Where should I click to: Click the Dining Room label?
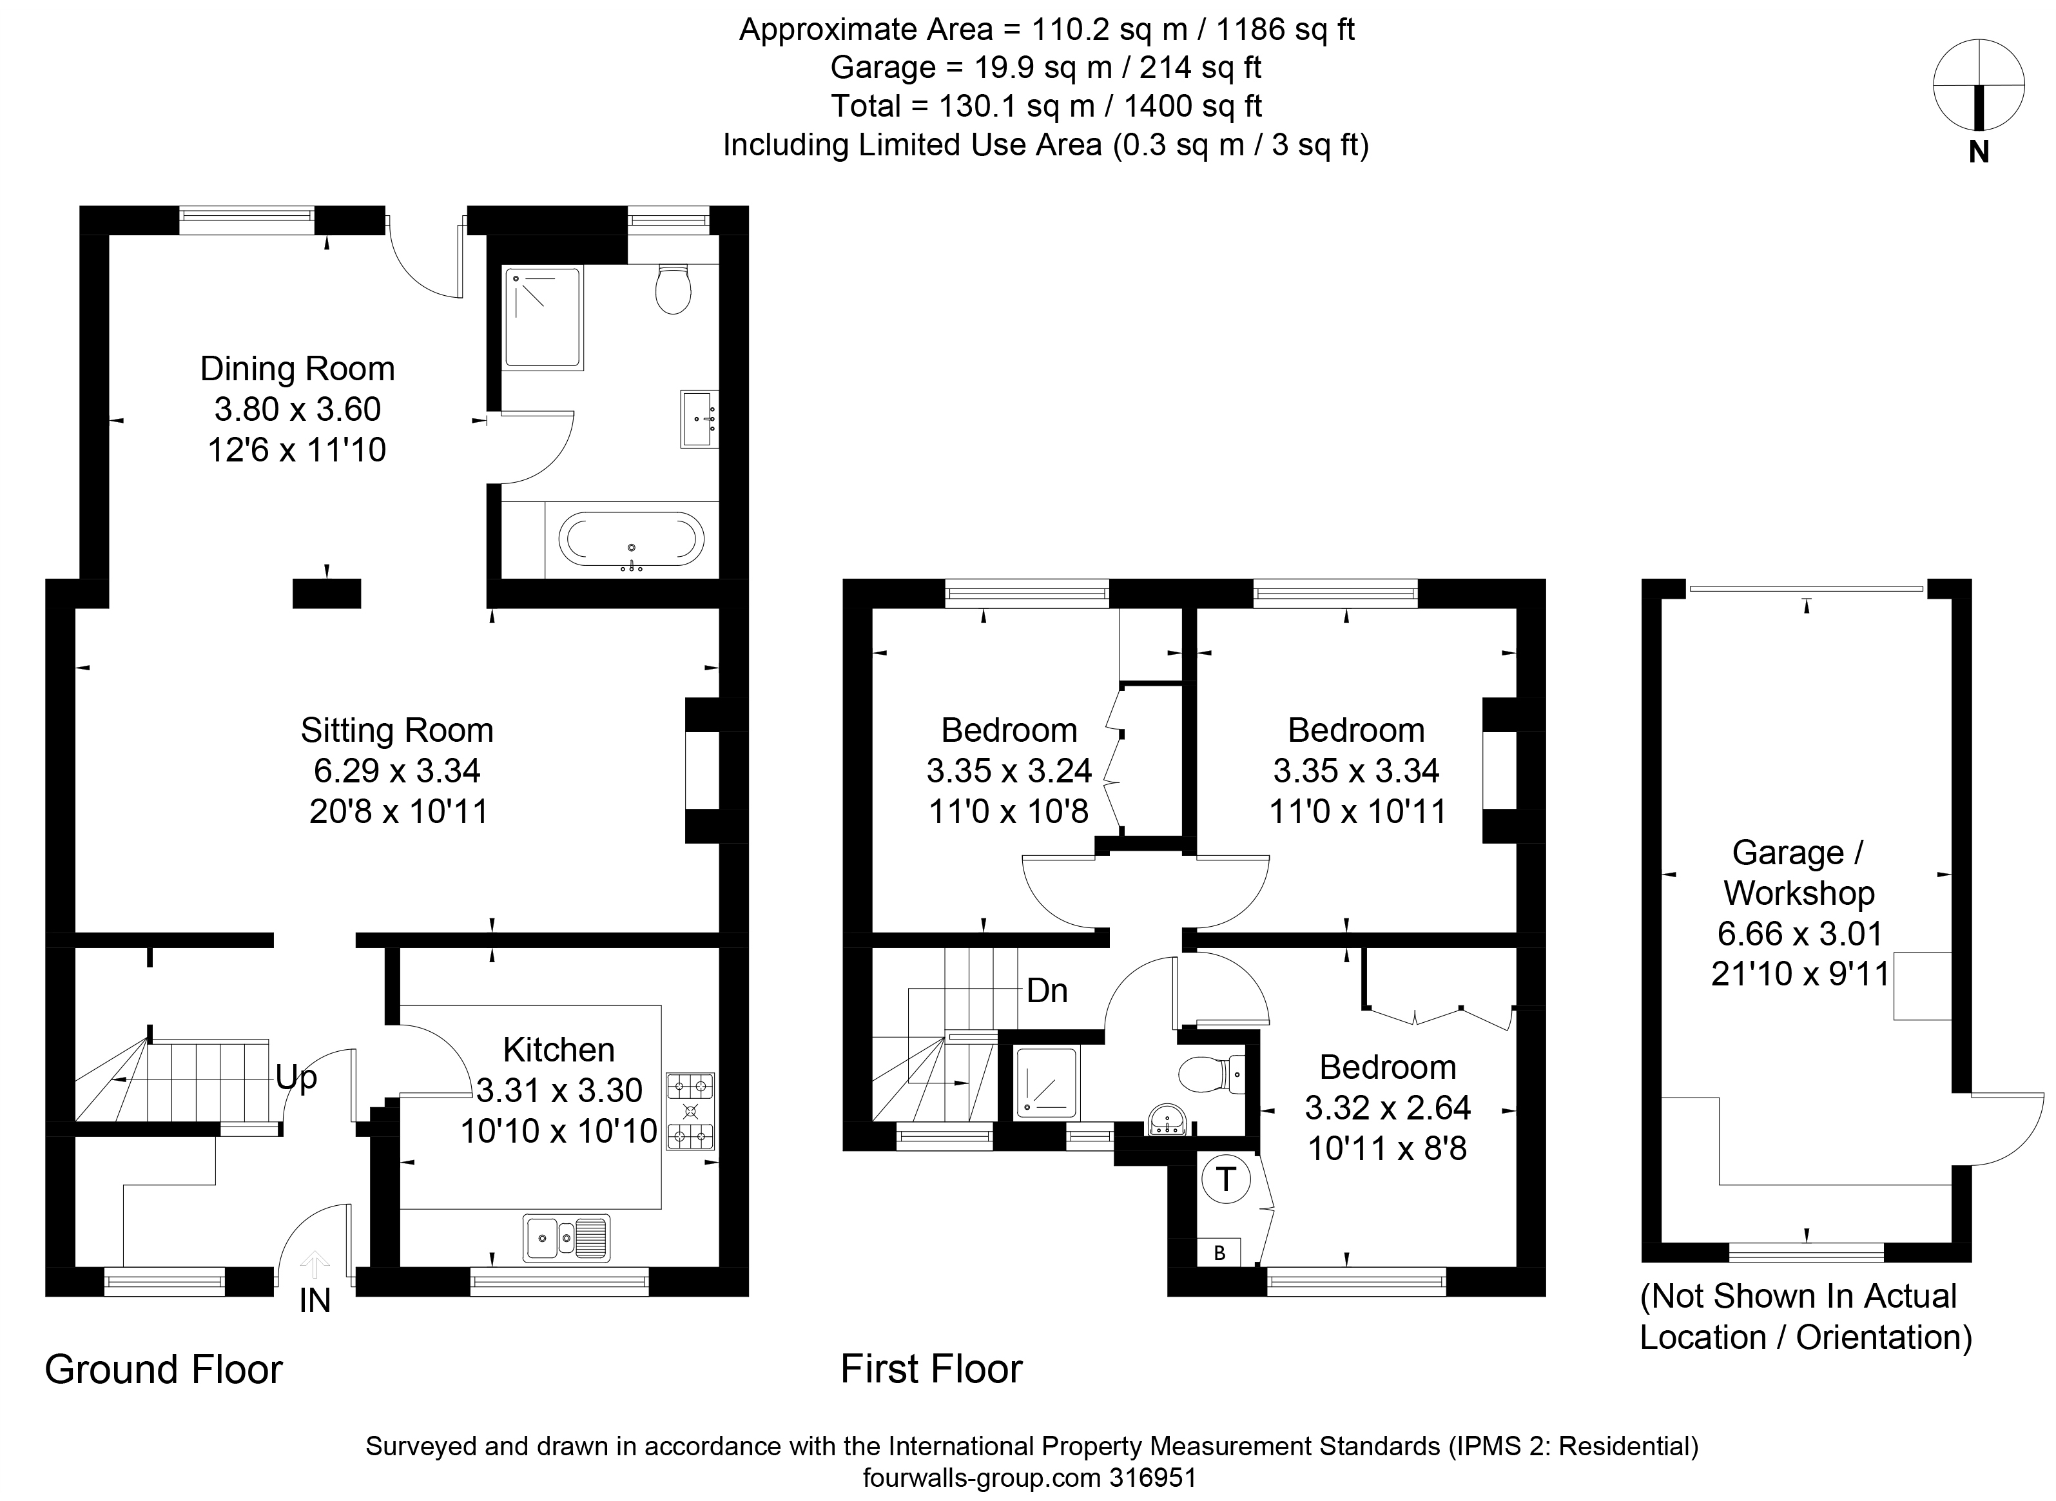pyautogui.click(x=297, y=369)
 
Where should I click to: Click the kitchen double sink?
pyautogui.click(x=566, y=1237)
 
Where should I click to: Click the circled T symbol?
pyautogui.click(x=1226, y=1179)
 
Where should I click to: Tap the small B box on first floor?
pyautogui.click(x=1219, y=1253)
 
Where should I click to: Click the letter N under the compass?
pyautogui.click(x=1979, y=153)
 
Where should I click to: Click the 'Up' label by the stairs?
pyautogui.click(x=296, y=1078)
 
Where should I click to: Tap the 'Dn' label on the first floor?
pyautogui.click(x=1047, y=991)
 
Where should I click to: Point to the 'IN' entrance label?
pyautogui.click(x=315, y=1301)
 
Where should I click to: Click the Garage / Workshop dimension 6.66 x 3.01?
pyautogui.click(x=1799, y=933)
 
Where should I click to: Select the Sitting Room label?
pyautogui.click(x=397, y=730)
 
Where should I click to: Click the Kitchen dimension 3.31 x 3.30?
pyautogui.click(x=559, y=1090)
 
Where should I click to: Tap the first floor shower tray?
pyautogui.click(x=1047, y=1081)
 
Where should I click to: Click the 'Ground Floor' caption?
pyautogui.click(x=164, y=1370)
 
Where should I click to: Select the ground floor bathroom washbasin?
pyautogui.click(x=699, y=419)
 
